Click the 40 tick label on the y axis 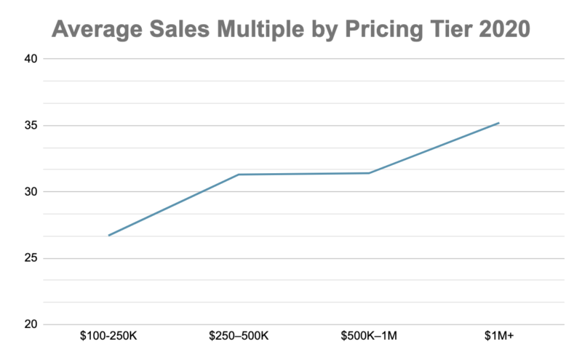point(31,59)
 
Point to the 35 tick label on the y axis point(31,125)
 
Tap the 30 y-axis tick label point(31,192)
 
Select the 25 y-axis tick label point(31,258)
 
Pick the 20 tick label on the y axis point(31,324)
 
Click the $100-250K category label point(108,336)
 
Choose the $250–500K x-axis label point(239,336)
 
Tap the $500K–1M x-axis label point(369,336)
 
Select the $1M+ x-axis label point(499,336)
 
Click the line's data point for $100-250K point(108,236)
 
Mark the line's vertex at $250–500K point(239,175)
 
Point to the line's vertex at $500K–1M point(369,173)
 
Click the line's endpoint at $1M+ point(499,123)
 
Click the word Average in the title point(97,29)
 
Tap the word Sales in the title point(180,29)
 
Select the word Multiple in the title point(260,30)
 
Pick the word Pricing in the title point(384,30)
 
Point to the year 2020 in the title point(505,29)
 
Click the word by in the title point(324,30)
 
